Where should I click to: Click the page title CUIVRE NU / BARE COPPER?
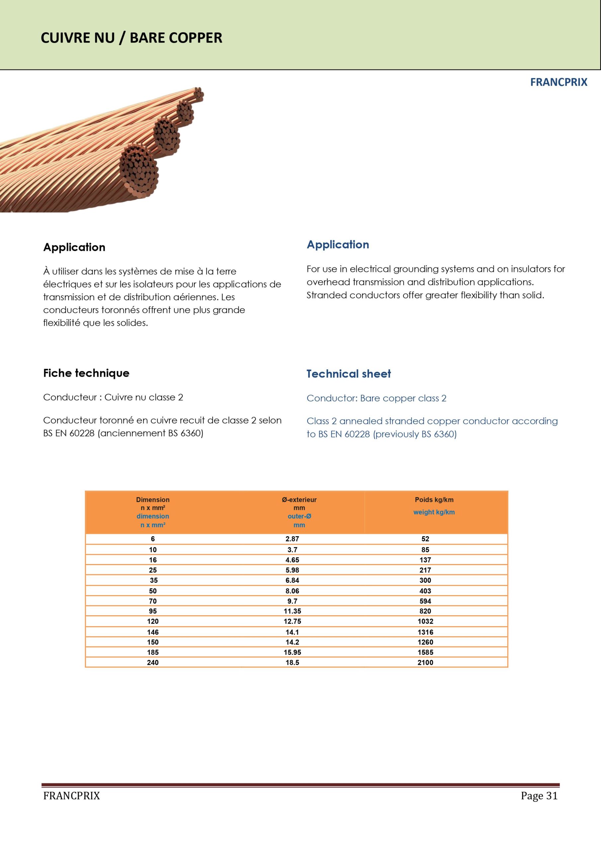click(131, 38)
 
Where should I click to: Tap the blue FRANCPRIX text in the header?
click(558, 82)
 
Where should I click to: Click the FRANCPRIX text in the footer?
click(71, 796)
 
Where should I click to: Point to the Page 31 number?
click(539, 796)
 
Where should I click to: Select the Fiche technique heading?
click(86, 373)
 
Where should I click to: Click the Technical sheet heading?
click(348, 374)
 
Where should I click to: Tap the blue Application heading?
click(338, 245)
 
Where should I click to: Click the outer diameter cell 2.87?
click(292, 539)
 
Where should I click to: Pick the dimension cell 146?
click(152, 632)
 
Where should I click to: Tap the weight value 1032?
click(425, 621)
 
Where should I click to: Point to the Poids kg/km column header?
click(434, 500)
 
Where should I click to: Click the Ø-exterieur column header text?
click(299, 500)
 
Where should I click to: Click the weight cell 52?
click(425, 539)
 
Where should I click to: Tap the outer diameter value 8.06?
click(292, 591)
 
